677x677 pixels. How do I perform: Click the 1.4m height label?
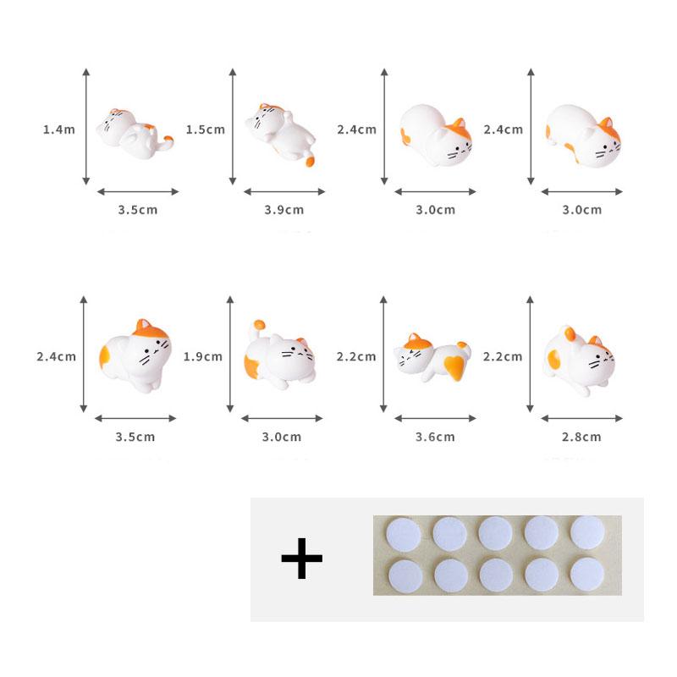click(x=59, y=129)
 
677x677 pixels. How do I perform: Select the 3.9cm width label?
click(x=283, y=209)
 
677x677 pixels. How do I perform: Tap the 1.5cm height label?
click(x=205, y=129)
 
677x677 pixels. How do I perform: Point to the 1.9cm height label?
click(x=203, y=356)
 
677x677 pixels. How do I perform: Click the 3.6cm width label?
click(x=436, y=437)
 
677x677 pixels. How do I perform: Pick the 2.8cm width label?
click(x=582, y=437)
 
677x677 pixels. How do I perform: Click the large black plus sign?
click(x=301, y=560)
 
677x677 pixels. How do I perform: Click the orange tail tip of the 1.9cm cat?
click(x=257, y=323)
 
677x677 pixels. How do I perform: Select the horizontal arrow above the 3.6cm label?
click(x=435, y=417)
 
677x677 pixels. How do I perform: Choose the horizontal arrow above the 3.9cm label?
click(x=283, y=191)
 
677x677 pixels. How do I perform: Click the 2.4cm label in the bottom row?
click(x=56, y=356)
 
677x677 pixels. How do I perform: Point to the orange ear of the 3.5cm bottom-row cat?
click(x=143, y=326)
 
